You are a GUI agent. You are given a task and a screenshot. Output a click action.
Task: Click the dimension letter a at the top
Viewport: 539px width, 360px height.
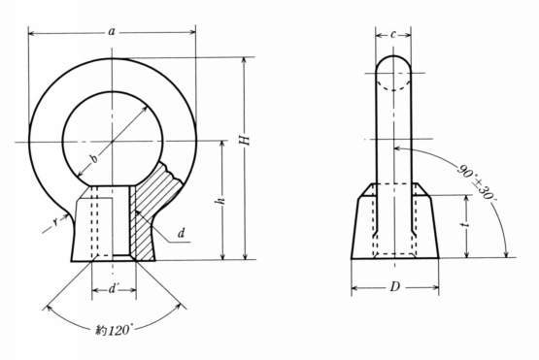click(x=112, y=32)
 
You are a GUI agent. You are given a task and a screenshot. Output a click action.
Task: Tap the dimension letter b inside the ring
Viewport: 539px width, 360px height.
click(x=93, y=158)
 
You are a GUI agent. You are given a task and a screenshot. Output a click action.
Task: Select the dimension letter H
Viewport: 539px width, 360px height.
click(x=244, y=140)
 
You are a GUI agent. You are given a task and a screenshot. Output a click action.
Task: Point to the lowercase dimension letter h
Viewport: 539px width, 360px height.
click(x=221, y=201)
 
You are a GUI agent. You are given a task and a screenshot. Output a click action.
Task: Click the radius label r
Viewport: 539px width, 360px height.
click(x=55, y=222)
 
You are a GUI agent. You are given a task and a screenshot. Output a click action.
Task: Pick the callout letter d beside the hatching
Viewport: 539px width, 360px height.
click(x=182, y=234)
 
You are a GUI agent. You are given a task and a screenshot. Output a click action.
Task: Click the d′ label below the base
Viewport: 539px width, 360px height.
click(x=114, y=289)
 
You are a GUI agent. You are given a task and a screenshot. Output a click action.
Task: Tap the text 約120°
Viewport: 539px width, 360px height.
click(x=113, y=331)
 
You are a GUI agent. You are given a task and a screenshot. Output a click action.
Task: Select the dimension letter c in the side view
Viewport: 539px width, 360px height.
click(x=393, y=35)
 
